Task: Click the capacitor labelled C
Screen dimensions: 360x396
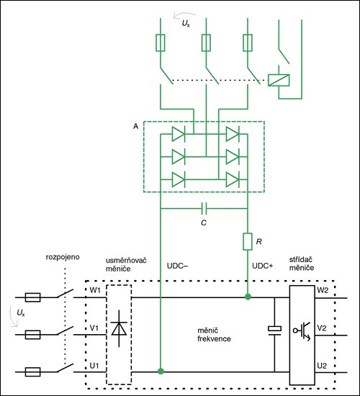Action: point(204,209)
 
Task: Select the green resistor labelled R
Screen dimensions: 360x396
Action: point(248,242)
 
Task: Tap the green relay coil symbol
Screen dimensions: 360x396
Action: point(279,80)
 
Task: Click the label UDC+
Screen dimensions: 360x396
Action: point(263,266)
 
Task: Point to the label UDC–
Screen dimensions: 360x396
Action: point(177,266)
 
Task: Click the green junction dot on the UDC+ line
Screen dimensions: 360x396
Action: point(248,297)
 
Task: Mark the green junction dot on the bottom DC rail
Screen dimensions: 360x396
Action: point(161,371)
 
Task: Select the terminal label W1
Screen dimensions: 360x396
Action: point(95,290)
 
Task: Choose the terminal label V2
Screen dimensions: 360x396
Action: point(322,328)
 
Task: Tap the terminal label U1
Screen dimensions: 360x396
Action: point(94,366)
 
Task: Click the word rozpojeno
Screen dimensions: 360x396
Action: point(63,257)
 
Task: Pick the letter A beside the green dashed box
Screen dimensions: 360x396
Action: point(135,126)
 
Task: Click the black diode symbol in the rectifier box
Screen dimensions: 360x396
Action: point(119,328)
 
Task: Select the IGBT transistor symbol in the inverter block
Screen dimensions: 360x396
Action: point(302,331)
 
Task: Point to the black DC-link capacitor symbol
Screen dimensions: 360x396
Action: point(274,330)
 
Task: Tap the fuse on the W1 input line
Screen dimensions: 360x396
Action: point(32,297)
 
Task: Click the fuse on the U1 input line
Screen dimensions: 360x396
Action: point(32,372)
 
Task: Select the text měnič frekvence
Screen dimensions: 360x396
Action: point(214,335)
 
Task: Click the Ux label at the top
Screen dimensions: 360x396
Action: point(186,24)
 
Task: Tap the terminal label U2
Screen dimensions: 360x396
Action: point(322,366)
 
